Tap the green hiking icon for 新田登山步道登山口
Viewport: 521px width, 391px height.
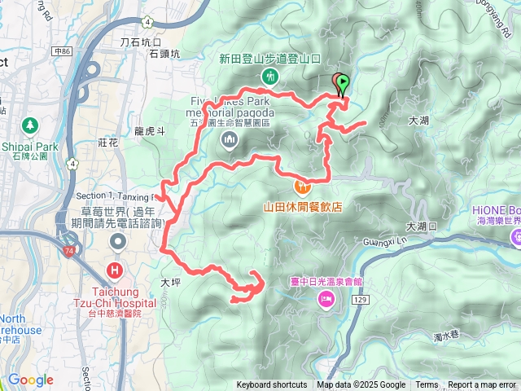click(x=269, y=77)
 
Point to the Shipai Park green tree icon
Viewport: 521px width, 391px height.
click(x=30, y=125)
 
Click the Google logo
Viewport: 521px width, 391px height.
click(x=30, y=380)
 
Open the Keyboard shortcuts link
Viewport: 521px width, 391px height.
click(x=272, y=385)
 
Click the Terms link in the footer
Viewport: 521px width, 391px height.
click(x=427, y=385)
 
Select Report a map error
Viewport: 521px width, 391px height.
click(x=482, y=385)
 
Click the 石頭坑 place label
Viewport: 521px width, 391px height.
click(x=164, y=55)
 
